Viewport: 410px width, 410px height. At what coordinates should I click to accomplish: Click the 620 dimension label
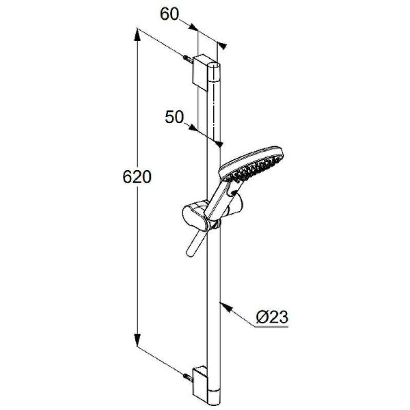(x=137, y=177)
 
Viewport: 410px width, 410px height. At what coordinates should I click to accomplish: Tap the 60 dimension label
(x=169, y=14)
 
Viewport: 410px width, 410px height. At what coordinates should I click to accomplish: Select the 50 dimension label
(x=174, y=117)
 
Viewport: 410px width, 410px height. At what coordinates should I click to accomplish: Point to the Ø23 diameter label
(x=272, y=317)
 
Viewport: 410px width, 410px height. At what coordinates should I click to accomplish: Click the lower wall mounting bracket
(x=201, y=384)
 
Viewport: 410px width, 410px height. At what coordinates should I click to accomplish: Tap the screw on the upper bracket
(x=189, y=59)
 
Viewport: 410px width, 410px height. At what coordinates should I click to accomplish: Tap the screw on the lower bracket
(x=189, y=377)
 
